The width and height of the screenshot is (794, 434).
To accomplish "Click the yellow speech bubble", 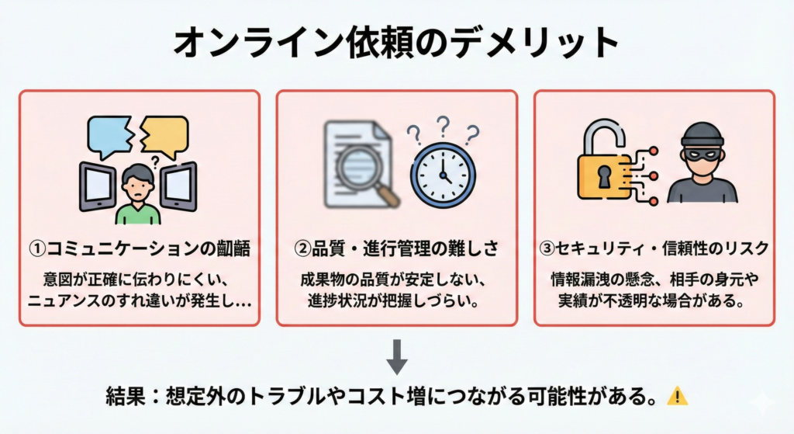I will point(165,134).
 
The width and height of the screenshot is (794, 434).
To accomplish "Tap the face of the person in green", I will point(138,186).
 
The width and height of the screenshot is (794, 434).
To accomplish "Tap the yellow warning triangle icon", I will point(677,396).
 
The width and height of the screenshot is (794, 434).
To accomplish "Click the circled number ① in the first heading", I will point(38,248).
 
